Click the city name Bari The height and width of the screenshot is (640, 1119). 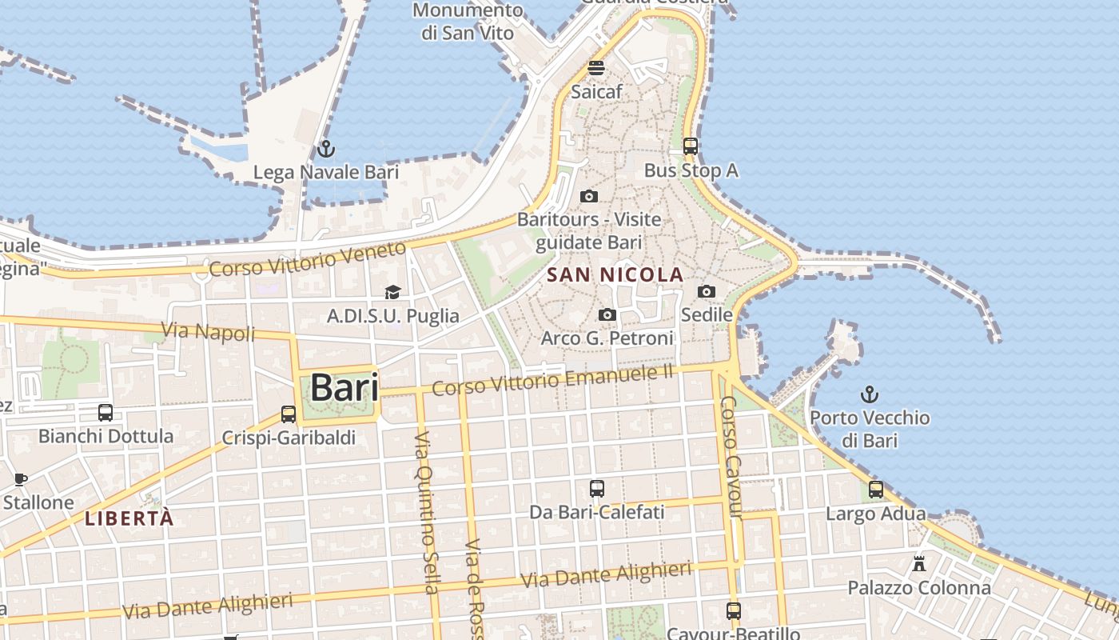tap(344, 388)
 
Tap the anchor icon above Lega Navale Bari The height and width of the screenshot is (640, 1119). tap(325, 148)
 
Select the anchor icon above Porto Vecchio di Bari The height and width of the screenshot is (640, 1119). tap(869, 394)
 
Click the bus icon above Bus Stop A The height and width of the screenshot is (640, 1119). tap(691, 146)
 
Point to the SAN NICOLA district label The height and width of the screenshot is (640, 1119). tap(615, 275)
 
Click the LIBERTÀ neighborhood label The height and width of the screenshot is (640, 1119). tap(129, 518)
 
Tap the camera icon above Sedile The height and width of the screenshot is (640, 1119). tap(707, 291)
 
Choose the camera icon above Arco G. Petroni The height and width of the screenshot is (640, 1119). tap(607, 315)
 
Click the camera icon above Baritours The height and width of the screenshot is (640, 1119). tap(589, 196)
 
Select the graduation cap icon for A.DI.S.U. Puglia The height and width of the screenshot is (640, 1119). tap(392, 293)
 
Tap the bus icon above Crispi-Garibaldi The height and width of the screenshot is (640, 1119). tap(289, 414)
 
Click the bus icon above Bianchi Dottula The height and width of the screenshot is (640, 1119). tap(106, 413)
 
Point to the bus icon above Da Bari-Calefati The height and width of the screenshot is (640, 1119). tap(597, 488)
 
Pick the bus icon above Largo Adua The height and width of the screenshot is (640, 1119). tap(876, 490)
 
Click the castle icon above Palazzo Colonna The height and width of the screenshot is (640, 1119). tap(919, 563)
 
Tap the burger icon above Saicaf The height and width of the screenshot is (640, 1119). tap(596, 68)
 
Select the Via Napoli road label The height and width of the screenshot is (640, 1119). tap(208, 331)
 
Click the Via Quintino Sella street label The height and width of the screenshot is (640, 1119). tap(426, 512)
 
